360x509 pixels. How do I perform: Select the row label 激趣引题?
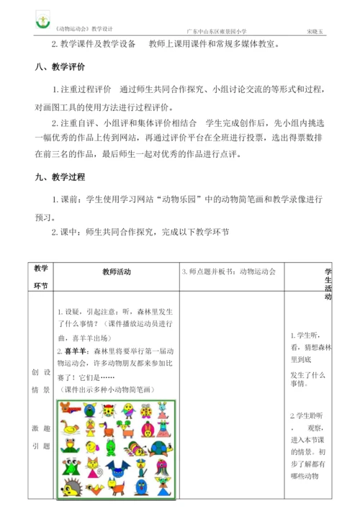click(41, 434)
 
